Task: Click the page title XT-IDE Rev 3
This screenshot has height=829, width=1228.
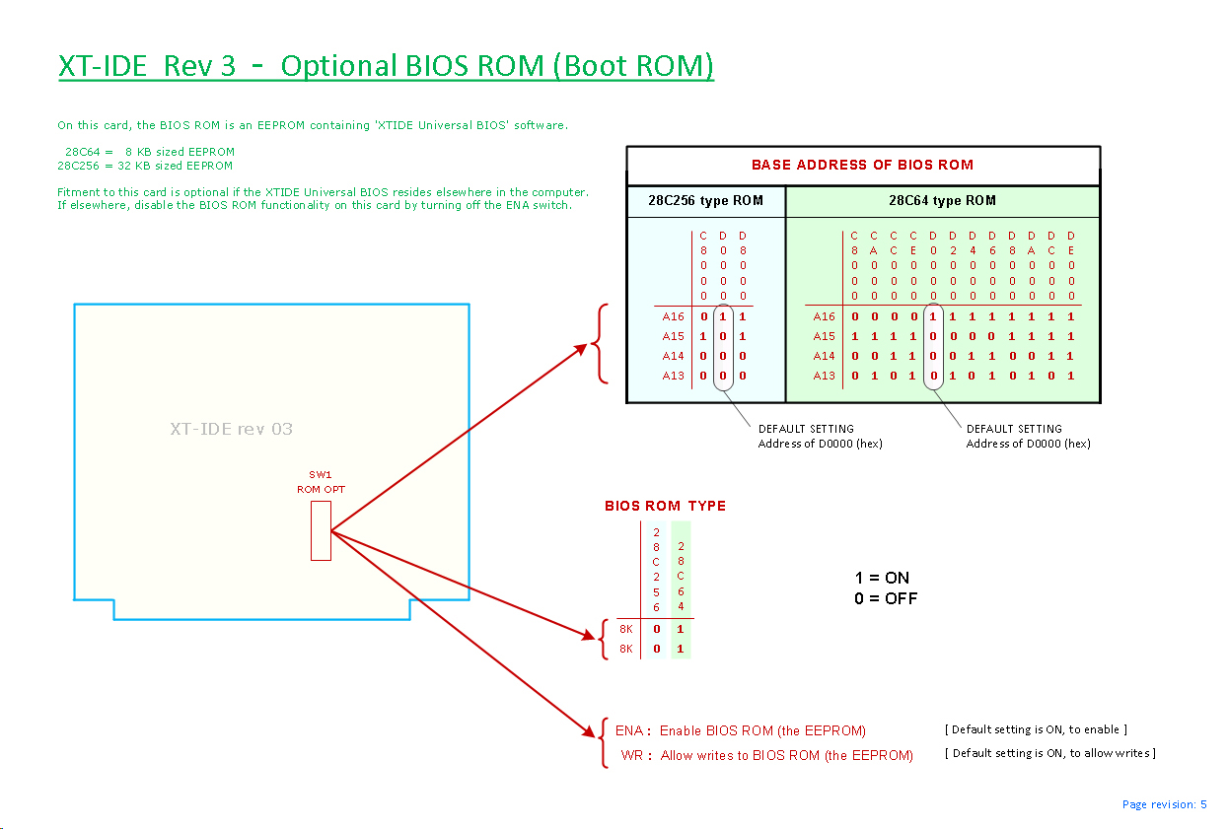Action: click(147, 66)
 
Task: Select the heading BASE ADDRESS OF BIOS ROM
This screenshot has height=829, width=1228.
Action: click(862, 165)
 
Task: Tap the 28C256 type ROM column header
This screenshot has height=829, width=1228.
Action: click(705, 201)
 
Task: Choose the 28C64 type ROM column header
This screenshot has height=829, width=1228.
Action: click(942, 201)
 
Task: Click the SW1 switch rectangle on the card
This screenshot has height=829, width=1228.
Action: click(321, 530)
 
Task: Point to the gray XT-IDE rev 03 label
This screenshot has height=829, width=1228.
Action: click(231, 429)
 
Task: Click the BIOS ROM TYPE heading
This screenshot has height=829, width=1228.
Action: click(665, 506)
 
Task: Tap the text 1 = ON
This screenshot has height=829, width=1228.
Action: click(882, 578)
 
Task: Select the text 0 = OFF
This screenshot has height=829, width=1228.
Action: click(886, 598)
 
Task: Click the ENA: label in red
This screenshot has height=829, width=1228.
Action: click(633, 730)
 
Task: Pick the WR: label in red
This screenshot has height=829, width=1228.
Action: click(636, 755)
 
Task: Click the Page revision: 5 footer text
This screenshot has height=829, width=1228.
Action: click(1164, 804)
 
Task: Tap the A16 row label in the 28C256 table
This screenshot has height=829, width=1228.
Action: click(673, 317)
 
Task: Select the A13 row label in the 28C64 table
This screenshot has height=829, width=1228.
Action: click(824, 376)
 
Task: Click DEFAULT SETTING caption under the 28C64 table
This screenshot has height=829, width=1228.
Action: click(1014, 429)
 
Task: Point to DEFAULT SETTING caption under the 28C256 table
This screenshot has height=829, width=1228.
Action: click(806, 429)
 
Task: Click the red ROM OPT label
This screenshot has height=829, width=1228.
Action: click(321, 489)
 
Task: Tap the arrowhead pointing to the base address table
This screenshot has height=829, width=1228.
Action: click(585, 346)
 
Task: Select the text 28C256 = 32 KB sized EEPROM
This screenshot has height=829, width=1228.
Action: click(145, 166)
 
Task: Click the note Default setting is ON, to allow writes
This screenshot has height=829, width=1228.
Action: click(1049, 753)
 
